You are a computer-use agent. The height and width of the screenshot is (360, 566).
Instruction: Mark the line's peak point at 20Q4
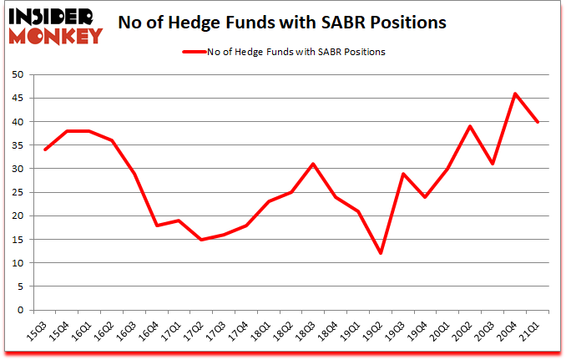pyautogui.click(x=515, y=94)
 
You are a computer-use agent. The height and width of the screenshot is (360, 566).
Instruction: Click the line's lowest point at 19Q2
pyautogui.click(x=381, y=254)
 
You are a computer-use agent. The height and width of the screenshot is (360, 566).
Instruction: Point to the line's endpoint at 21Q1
pyautogui.click(x=538, y=122)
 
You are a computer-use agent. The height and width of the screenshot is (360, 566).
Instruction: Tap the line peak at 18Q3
pyautogui.click(x=313, y=164)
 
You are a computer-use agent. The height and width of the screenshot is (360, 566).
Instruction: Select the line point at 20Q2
pyautogui.click(x=470, y=126)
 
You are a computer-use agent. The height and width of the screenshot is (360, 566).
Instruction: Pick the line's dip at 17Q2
pyautogui.click(x=201, y=240)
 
